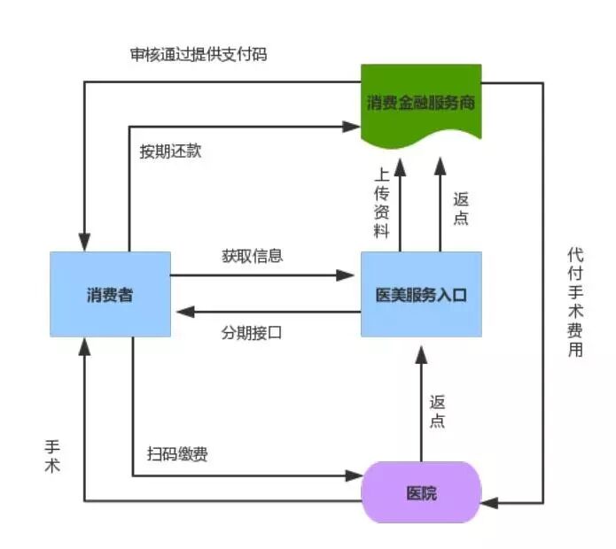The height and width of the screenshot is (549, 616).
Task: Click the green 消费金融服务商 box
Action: [421, 102]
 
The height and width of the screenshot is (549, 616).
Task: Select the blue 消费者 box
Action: [110, 294]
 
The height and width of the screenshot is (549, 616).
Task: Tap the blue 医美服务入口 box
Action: [421, 294]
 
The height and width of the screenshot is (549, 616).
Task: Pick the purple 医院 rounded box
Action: [421, 492]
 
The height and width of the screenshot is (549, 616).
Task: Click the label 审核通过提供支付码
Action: [198, 54]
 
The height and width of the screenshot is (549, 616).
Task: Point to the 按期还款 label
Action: [170, 151]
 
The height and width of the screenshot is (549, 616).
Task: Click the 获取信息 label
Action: [253, 257]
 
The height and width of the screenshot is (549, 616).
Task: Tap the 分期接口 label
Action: [253, 333]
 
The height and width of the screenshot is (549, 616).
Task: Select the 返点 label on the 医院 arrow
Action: [437, 411]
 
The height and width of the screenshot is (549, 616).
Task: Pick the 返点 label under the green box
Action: [461, 208]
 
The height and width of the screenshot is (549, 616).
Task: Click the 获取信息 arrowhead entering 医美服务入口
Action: [354, 275]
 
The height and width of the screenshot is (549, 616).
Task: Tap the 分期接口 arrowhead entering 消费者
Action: [178, 312]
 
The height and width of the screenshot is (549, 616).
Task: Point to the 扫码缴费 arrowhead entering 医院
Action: [355, 476]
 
